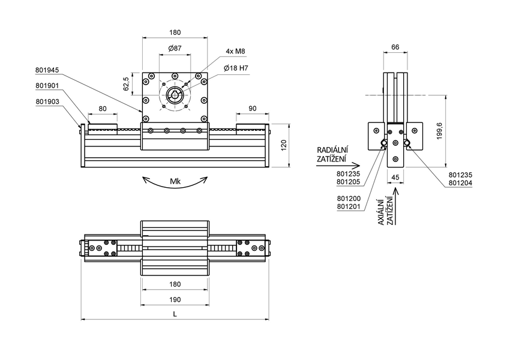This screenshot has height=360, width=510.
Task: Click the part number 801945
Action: [x=48, y=70]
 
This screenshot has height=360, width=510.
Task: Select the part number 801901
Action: [x=48, y=86]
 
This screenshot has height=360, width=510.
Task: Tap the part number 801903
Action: [x=48, y=102]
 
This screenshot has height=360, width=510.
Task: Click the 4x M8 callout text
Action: [x=236, y=52]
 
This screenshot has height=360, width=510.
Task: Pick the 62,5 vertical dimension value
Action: [x=126, y=83]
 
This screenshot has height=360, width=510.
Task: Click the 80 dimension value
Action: [x=102, y=109]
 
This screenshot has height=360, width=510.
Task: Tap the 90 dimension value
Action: [x=252, y=109]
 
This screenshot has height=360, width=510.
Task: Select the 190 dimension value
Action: [x=175, y=299]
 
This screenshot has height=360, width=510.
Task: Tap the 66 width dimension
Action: [x=395, y=47]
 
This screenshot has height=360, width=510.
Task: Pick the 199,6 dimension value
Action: [x=439, y=130]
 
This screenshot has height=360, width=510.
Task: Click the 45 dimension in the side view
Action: [x=395, y=177]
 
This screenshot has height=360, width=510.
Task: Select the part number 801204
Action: [x=460, y=182]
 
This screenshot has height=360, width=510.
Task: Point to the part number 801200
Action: [x=349, y=197]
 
